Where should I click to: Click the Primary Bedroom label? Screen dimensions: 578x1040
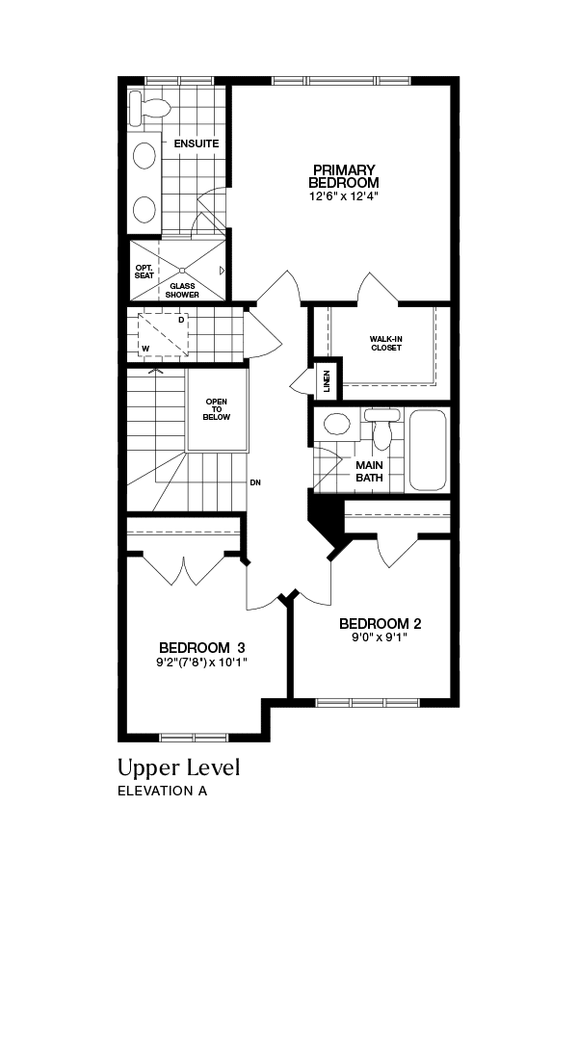(344, 176)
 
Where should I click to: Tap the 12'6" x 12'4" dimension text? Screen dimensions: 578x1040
(344, 196)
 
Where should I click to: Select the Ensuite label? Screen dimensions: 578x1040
(196, 143)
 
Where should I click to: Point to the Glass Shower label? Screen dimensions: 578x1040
(182, 291)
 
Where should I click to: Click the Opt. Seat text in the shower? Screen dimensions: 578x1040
(144, 271)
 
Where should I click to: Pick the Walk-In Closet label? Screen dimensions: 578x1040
(386, 343)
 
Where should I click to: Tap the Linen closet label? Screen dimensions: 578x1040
(327, 380)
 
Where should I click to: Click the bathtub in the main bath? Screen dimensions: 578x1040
(428, 450)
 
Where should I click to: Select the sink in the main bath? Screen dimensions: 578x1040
(336, 424)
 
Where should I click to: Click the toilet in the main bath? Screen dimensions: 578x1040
(382, 428)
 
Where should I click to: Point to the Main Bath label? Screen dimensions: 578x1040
(369, 471)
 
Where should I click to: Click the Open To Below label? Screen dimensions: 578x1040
(217, 409)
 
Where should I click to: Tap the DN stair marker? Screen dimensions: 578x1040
(255, 482)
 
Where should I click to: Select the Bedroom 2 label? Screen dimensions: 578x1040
(381, 623)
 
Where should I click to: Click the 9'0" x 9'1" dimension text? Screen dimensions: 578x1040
(379, 637)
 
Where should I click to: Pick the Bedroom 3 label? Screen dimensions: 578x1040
(202, 647)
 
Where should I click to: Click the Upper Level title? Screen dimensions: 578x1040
(178, 767)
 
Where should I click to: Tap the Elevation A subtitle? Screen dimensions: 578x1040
(162, 791)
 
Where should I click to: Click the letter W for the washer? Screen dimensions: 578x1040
(145, 348)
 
